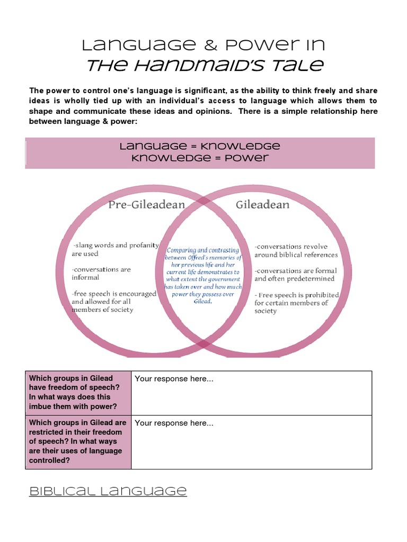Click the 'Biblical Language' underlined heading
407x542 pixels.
108,491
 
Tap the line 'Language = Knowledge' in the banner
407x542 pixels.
200,146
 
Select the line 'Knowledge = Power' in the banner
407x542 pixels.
200,158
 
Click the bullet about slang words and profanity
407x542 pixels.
115,249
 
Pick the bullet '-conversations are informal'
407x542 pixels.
101,273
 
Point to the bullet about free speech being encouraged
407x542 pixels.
114,302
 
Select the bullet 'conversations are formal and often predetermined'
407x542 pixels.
295,274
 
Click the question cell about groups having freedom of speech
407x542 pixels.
78,393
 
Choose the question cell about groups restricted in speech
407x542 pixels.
78,441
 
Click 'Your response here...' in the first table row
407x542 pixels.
174,379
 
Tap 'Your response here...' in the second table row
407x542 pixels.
174,423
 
